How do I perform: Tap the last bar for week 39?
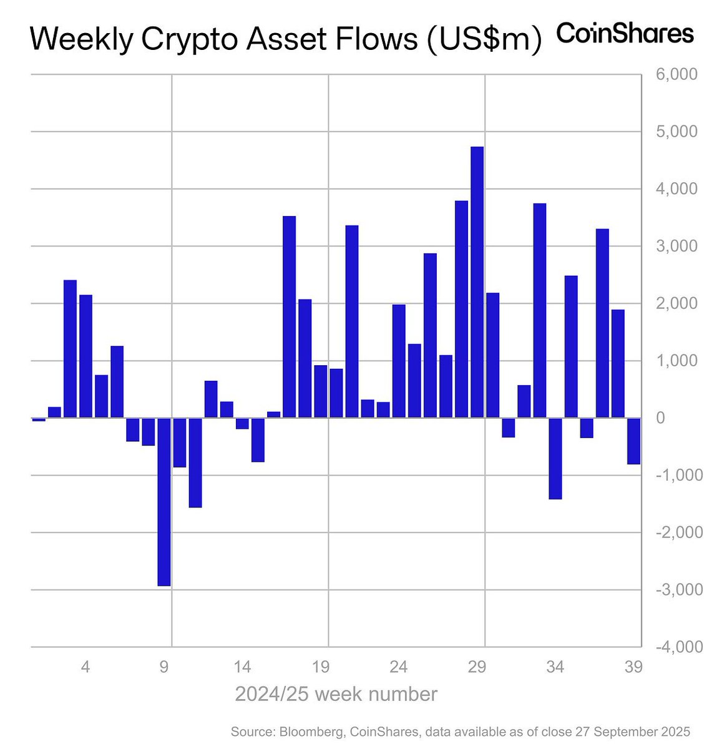pyautogui.click(x=633, y=441)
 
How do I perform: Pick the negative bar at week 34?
pyautogui.click(x=555, y=458)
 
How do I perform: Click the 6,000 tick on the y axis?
pyautogui.click(x=677, y=75)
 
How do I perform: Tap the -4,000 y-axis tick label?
pyautogui.click(x=675, y=647)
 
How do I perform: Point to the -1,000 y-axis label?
pyautogui.click(x=675, y=476)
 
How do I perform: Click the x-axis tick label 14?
pyautogui.click(x=242, y=667)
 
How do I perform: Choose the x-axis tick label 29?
pyautogui.click(x=477, y=667)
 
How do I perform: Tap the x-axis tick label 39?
pyautogui.click(x=633, y=667)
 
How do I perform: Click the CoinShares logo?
pyautogui.click(x=625, y=34)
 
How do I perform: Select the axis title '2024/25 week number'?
pyautogui.click(x=336, y=694)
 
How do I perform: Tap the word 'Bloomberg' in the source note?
pyautogui.click(x=308, y=732)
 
